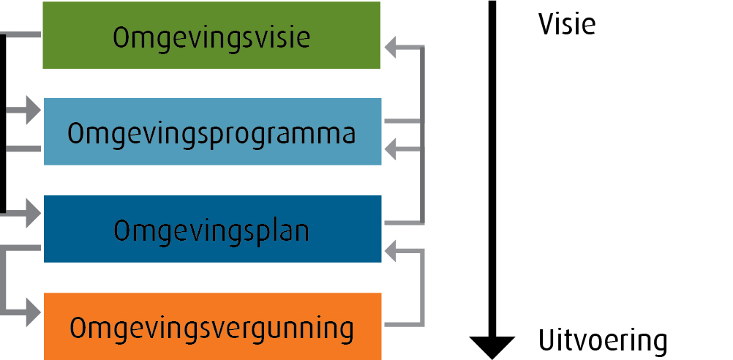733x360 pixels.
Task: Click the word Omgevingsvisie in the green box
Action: [211, 38]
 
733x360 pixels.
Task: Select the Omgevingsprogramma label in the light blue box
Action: [211, 135]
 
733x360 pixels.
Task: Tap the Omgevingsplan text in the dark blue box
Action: [211, 230]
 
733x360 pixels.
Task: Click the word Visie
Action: [567, 25]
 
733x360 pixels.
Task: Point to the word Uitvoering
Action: [603, 341]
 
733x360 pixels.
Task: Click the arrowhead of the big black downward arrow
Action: [492, 345]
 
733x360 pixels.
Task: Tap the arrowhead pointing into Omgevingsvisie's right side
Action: [393, 48]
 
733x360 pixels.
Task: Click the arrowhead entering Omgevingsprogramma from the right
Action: [393, 150]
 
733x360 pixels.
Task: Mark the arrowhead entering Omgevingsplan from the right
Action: [393, 251]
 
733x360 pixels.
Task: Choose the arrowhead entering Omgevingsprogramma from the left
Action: [33, 112]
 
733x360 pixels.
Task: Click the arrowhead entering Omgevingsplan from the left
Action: [33, 214]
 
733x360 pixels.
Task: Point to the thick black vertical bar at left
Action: [4, 124]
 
